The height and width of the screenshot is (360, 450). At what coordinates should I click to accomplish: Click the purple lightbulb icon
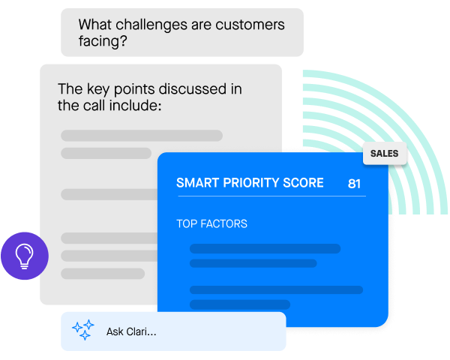(25, 256)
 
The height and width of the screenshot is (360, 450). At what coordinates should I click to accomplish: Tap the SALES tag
(385, 153)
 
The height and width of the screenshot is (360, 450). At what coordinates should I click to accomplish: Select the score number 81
(354, 184)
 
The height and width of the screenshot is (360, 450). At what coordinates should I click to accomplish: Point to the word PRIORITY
(251, 183)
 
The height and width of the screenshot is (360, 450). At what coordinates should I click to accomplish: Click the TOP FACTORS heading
(211, 223)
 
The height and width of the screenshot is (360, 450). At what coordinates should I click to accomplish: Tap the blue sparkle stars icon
(83, 330)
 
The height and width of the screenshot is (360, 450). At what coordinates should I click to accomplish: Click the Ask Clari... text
(131, 331)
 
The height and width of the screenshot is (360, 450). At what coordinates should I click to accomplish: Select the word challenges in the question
(151, 25)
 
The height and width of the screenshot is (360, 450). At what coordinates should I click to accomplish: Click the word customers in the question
(250, 25)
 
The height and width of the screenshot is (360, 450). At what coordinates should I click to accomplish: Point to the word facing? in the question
(103, 41)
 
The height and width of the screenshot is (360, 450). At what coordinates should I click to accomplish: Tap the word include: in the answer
(135, 105)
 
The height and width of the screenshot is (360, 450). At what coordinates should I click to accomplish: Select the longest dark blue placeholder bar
(276, 289)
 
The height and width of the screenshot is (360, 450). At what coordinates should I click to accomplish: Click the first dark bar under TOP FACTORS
(265, 248)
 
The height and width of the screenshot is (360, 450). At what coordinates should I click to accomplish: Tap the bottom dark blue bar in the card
(240, 304)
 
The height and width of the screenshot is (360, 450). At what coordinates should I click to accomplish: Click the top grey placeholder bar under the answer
(142, 136)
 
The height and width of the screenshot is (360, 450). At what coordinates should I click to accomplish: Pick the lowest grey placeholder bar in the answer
(103, 274)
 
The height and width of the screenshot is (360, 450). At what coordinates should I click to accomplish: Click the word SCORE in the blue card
(303, 183)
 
